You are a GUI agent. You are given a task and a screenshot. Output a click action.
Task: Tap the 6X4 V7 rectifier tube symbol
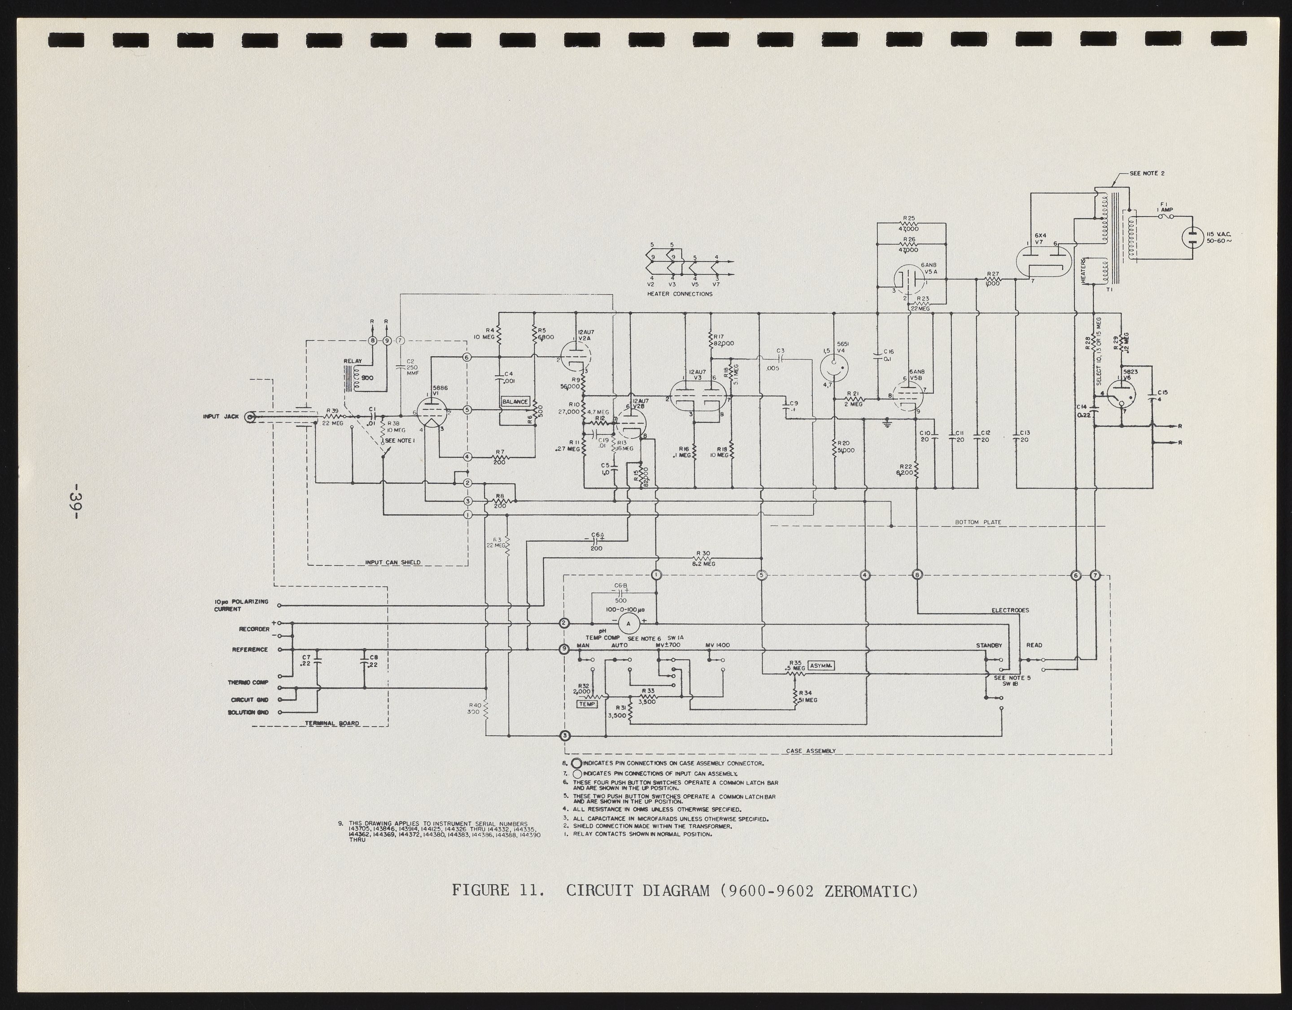(x=1043, y=262)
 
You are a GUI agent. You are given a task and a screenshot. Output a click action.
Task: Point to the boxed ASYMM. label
(x=821, y=666)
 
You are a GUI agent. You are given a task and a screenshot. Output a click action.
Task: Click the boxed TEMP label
(x=587, y=704)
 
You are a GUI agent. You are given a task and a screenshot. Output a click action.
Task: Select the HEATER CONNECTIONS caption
(x=679, y=293)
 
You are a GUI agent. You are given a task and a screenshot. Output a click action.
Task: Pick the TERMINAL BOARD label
(x=332, y=723)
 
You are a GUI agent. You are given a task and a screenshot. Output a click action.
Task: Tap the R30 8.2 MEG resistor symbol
(x=703, y=558)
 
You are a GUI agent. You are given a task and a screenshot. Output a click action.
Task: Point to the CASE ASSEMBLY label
(x=811, y=751)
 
